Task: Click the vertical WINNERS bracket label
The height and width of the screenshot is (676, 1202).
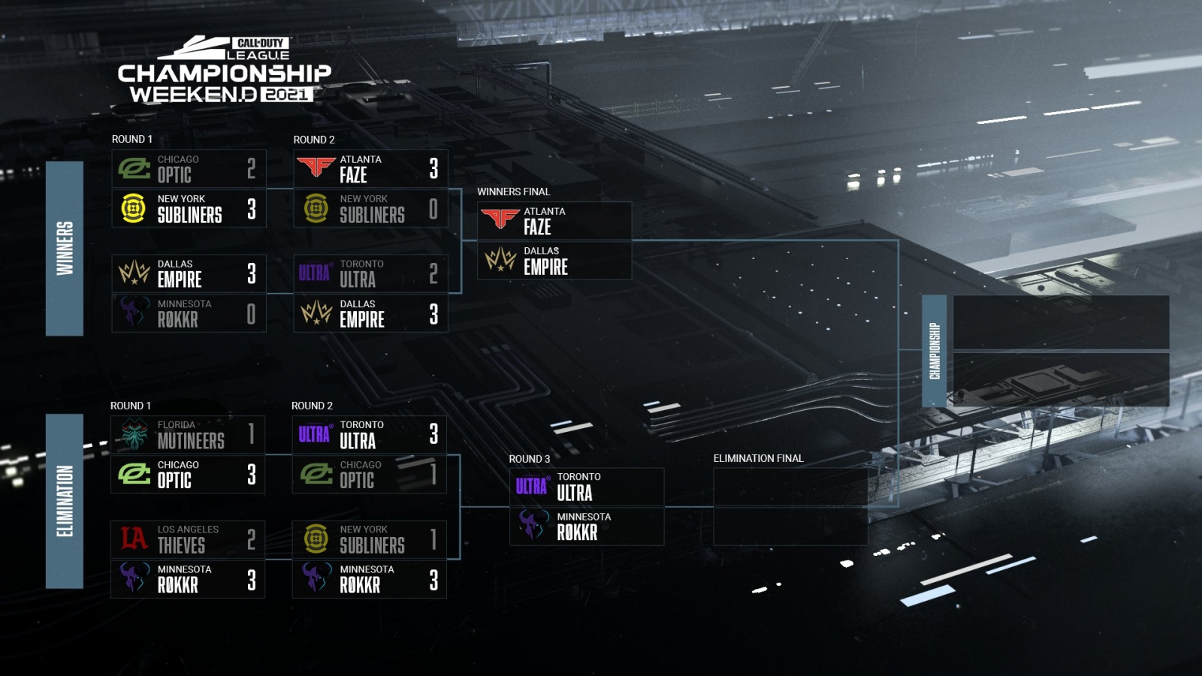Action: point(65,248)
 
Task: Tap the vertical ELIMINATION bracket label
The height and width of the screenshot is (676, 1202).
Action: point(65,501)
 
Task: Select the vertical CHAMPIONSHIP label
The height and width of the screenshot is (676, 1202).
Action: point(935,351)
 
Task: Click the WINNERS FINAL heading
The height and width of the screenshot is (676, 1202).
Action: point(513,192)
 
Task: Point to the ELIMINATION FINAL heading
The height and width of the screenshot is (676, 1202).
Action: point(758,458)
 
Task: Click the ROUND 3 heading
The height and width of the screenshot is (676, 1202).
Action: point(529,459)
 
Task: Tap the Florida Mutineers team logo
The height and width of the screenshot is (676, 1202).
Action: point(134,434)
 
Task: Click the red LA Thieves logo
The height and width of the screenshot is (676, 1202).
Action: point(134,539)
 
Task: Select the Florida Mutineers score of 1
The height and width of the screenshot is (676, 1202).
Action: point(251,434)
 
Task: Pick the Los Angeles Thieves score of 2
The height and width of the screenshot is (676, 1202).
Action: point(251,539)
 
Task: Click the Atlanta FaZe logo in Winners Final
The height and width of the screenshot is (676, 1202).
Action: point(500,219)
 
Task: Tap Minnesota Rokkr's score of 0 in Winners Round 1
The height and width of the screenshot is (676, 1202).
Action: point(251,314)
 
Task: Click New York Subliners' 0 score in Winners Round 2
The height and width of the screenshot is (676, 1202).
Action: point(433,209)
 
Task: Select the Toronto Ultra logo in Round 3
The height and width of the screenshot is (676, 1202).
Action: point(532,487)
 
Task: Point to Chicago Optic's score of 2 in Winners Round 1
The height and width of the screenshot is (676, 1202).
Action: point(251,168)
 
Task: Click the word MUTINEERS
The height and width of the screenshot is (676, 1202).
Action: point(191,441)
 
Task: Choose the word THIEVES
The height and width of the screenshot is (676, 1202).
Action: point(181,545)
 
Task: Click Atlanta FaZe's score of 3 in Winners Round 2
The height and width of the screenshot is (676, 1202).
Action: point(433,168)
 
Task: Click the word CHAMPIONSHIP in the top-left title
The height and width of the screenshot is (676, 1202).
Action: point(224,74)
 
